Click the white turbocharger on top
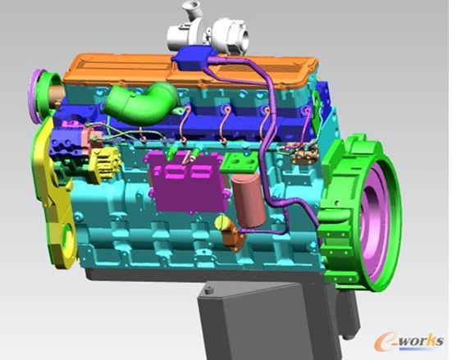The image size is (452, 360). coord(208,32)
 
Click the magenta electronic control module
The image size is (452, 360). coord(186,181)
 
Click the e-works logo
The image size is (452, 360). coord(409,341)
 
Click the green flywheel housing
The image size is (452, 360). coord(358,212)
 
